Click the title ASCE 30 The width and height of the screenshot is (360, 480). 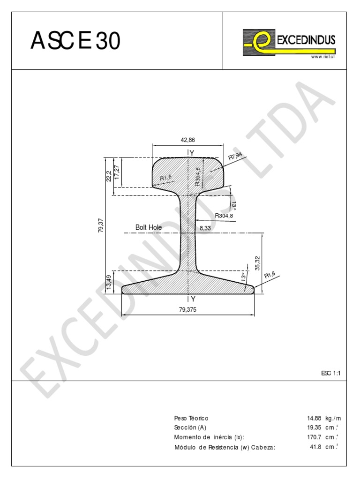(75, 41)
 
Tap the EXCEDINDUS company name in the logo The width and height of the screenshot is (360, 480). (306, 41)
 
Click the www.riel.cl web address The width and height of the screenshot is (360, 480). (322, 57)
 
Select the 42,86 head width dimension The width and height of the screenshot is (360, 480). (187, 140)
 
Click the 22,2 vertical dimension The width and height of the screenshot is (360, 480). (108, 176)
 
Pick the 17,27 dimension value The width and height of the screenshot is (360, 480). (118, 172)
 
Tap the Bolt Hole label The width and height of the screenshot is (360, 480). (149, 227)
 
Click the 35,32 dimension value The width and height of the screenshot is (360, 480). (257, 263)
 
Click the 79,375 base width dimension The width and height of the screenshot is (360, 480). (188, 310)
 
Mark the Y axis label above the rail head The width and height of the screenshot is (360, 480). (192, 152)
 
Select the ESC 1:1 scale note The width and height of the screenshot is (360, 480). (330, 373)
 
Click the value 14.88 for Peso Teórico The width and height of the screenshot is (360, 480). (314, 418)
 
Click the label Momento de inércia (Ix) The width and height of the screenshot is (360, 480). (209, 437)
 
